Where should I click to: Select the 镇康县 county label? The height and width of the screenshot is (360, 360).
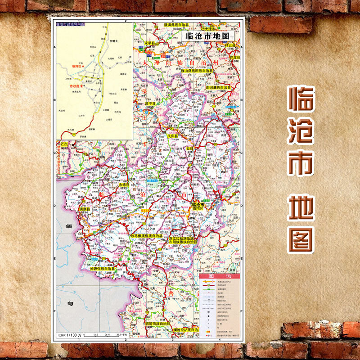point(85,209)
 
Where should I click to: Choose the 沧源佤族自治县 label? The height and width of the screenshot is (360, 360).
point(103,269)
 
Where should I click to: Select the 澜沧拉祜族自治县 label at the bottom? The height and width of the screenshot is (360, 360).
point(179,329)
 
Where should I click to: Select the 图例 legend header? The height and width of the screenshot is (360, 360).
point(219,276)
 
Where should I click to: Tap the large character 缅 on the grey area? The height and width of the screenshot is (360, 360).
point(69,227)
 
